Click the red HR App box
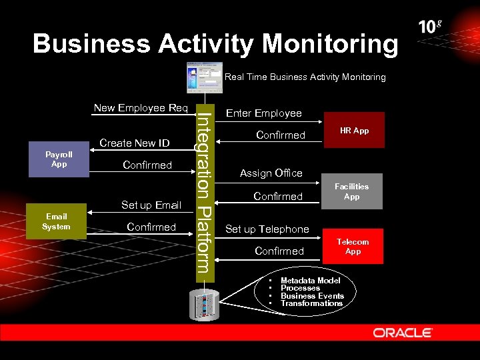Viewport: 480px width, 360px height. click(354, 130)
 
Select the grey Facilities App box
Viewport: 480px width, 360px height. click(351, 192)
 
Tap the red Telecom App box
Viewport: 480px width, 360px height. click(353, 247)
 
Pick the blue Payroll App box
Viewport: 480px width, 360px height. click(59, 159)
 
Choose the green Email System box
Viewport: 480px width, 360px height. click(56, 221)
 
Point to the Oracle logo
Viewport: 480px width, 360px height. click(403, 332)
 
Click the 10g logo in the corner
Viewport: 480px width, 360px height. click(430, 27)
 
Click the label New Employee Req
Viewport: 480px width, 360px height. click(141, 108)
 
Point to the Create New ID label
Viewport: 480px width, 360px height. click(135, 143)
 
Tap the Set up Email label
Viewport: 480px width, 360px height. click(151, 205)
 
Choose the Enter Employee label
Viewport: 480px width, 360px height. click(264, 113)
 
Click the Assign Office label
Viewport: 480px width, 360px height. click(271, 173)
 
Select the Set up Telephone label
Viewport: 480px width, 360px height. click(267, 229)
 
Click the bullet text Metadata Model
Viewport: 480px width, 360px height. click(310, 281)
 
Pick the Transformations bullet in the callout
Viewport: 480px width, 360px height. click(311, 303)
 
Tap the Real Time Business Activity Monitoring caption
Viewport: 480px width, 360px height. click(305, 77)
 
